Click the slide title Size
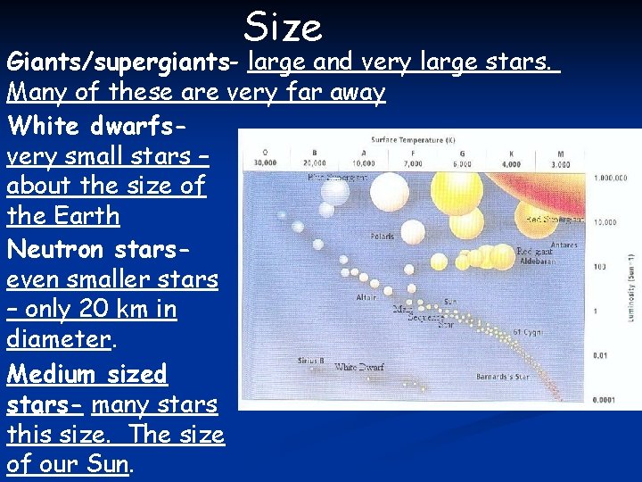coord(283,27)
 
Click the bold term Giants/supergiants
coord(124,63)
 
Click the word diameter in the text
coord(59,340)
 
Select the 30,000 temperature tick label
coord(266,163)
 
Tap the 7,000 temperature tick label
coord(414,163)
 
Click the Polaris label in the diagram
coord(383,237)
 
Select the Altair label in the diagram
coord(366,297)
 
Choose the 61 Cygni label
coord(529,332)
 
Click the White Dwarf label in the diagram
coord(358,367)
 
